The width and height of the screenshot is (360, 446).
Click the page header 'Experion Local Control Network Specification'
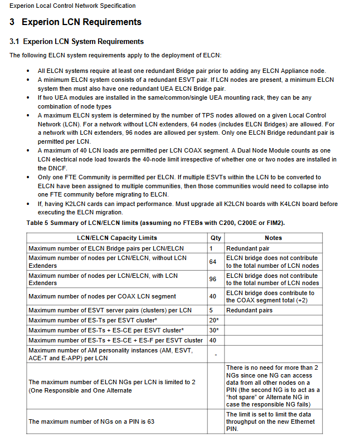coord(72,6)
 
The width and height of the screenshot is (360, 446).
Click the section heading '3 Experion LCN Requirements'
coord(76,23)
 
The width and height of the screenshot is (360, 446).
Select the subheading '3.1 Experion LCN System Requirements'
coord(77,42)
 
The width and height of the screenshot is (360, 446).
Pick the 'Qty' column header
coord(215,238)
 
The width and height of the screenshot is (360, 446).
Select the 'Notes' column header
coord(273,238)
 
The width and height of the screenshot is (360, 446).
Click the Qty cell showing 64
coord(213,262)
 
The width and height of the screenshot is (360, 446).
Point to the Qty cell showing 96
coord(213,279)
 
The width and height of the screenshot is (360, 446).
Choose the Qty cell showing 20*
coord(214,320)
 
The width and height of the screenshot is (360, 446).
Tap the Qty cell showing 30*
coord(214,330)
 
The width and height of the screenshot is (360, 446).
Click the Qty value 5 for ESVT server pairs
coord(212,310)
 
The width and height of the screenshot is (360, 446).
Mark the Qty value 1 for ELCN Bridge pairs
coord(212,248)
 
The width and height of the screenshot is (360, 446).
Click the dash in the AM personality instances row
coord(215,354)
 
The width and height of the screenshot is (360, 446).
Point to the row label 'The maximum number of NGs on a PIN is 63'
coord(91,422)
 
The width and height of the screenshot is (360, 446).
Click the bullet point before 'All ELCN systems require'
coord(28,71)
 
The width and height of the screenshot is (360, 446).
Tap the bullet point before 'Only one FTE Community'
coord(28,177)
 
